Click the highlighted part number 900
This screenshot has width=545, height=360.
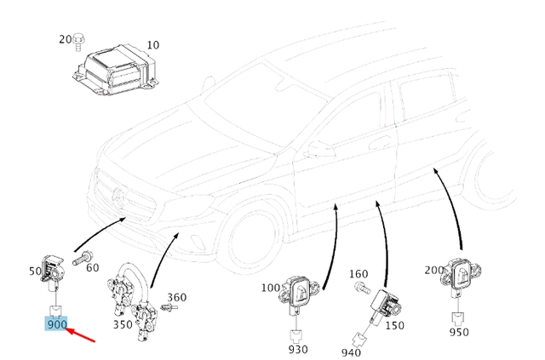[x=57, y=324]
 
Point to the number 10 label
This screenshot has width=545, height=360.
[x=152, y=44]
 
